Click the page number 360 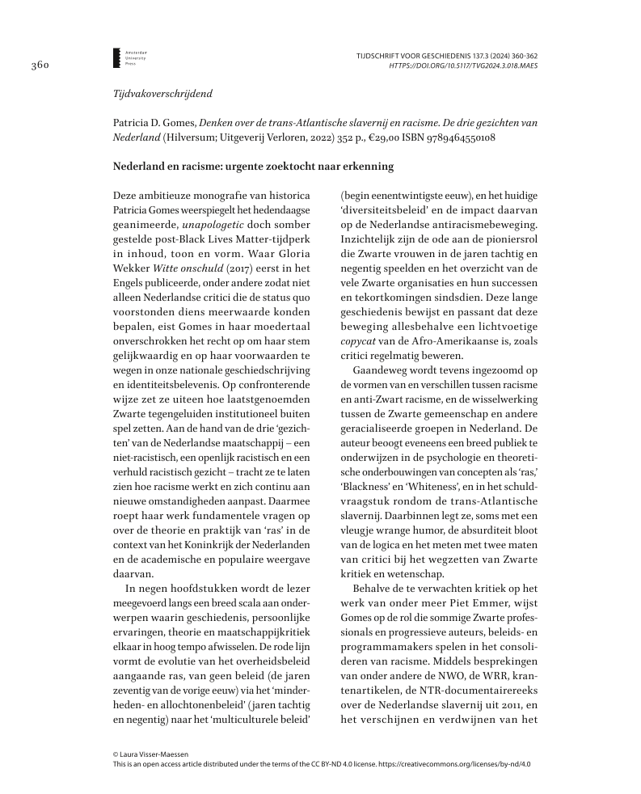(x=41, y=65)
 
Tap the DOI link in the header (x=463, y=65)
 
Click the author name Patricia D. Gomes (x=154, y=121)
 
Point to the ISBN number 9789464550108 (x=452, y=137)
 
